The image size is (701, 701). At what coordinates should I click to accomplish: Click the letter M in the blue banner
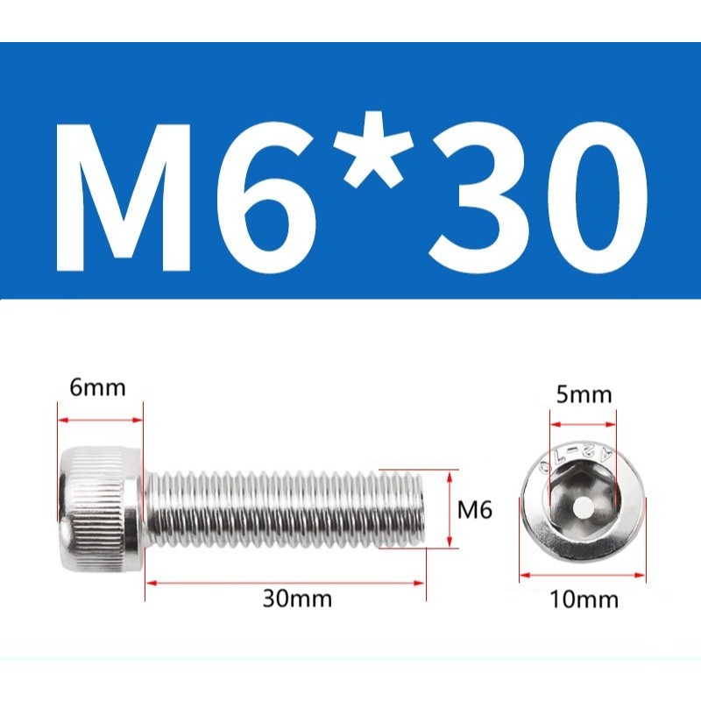tap(124, 198)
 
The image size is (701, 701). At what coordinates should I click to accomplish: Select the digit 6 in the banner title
tap(267, 198)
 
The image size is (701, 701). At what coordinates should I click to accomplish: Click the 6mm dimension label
tap(97, 387)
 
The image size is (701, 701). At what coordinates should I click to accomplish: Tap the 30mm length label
tap(297, 598)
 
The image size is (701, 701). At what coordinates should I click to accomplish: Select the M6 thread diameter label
tap(474, 509)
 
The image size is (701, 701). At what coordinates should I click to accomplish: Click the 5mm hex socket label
tap(584, 395)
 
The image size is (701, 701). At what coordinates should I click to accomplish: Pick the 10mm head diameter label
tap(584, 599)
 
